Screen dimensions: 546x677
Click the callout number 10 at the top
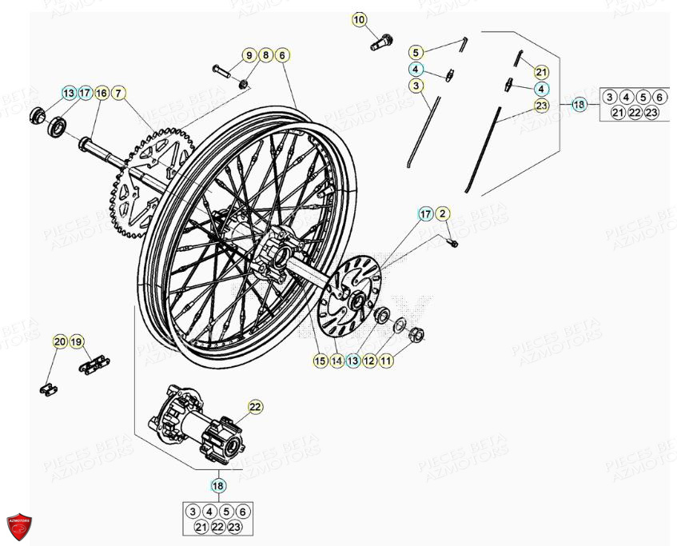click(x=359, y=18)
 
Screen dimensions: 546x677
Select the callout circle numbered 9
click(x=249, y=55)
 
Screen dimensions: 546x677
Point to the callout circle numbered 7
click(x=118, y=94)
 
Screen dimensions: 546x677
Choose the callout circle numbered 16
click(x=102, y=94)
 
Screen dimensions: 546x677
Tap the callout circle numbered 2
click(x=444, y=213)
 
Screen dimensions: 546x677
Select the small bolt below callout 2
click(x=452, y=241)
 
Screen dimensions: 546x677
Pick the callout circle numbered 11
click(x=386, y=361)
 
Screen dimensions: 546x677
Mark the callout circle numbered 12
click(x=369, y=361)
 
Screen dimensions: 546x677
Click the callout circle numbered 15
click(x=319, y=361)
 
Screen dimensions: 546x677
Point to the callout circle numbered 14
click(x=336, y=361)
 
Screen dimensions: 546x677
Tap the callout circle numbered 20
click(x=61, y=342)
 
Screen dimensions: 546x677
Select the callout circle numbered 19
click(x=78, y=342)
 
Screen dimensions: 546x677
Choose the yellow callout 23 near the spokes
click(x=541, y=105)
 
